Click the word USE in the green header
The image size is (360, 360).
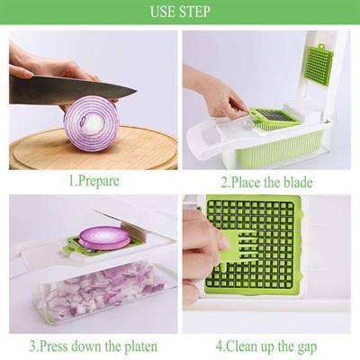[162, 12]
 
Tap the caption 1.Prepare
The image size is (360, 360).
[94, 181]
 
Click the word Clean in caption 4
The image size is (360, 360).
[242, 346]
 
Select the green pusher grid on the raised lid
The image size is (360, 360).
[319, 65]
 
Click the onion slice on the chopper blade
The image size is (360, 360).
[104, 238]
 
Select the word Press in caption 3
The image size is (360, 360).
[54, 346]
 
